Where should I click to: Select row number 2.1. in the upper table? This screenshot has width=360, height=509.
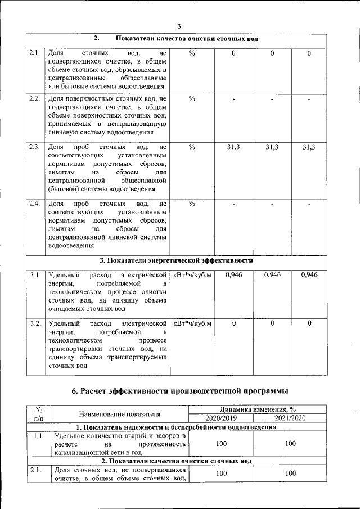point(34,53)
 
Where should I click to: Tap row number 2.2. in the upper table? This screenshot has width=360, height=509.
point(34,100)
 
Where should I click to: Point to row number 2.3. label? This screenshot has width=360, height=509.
point(34,147)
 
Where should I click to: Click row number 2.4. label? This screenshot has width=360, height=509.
point(34,204)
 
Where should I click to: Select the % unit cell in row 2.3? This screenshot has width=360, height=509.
point(192,147)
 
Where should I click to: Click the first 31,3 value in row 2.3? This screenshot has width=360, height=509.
point(233,147)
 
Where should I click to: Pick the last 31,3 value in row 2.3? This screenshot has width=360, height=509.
point(309,147)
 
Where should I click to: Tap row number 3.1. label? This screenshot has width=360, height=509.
point(34,275)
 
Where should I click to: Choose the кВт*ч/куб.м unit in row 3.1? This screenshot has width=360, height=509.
point(192,275)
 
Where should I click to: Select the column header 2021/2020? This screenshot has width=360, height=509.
point(290,418)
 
